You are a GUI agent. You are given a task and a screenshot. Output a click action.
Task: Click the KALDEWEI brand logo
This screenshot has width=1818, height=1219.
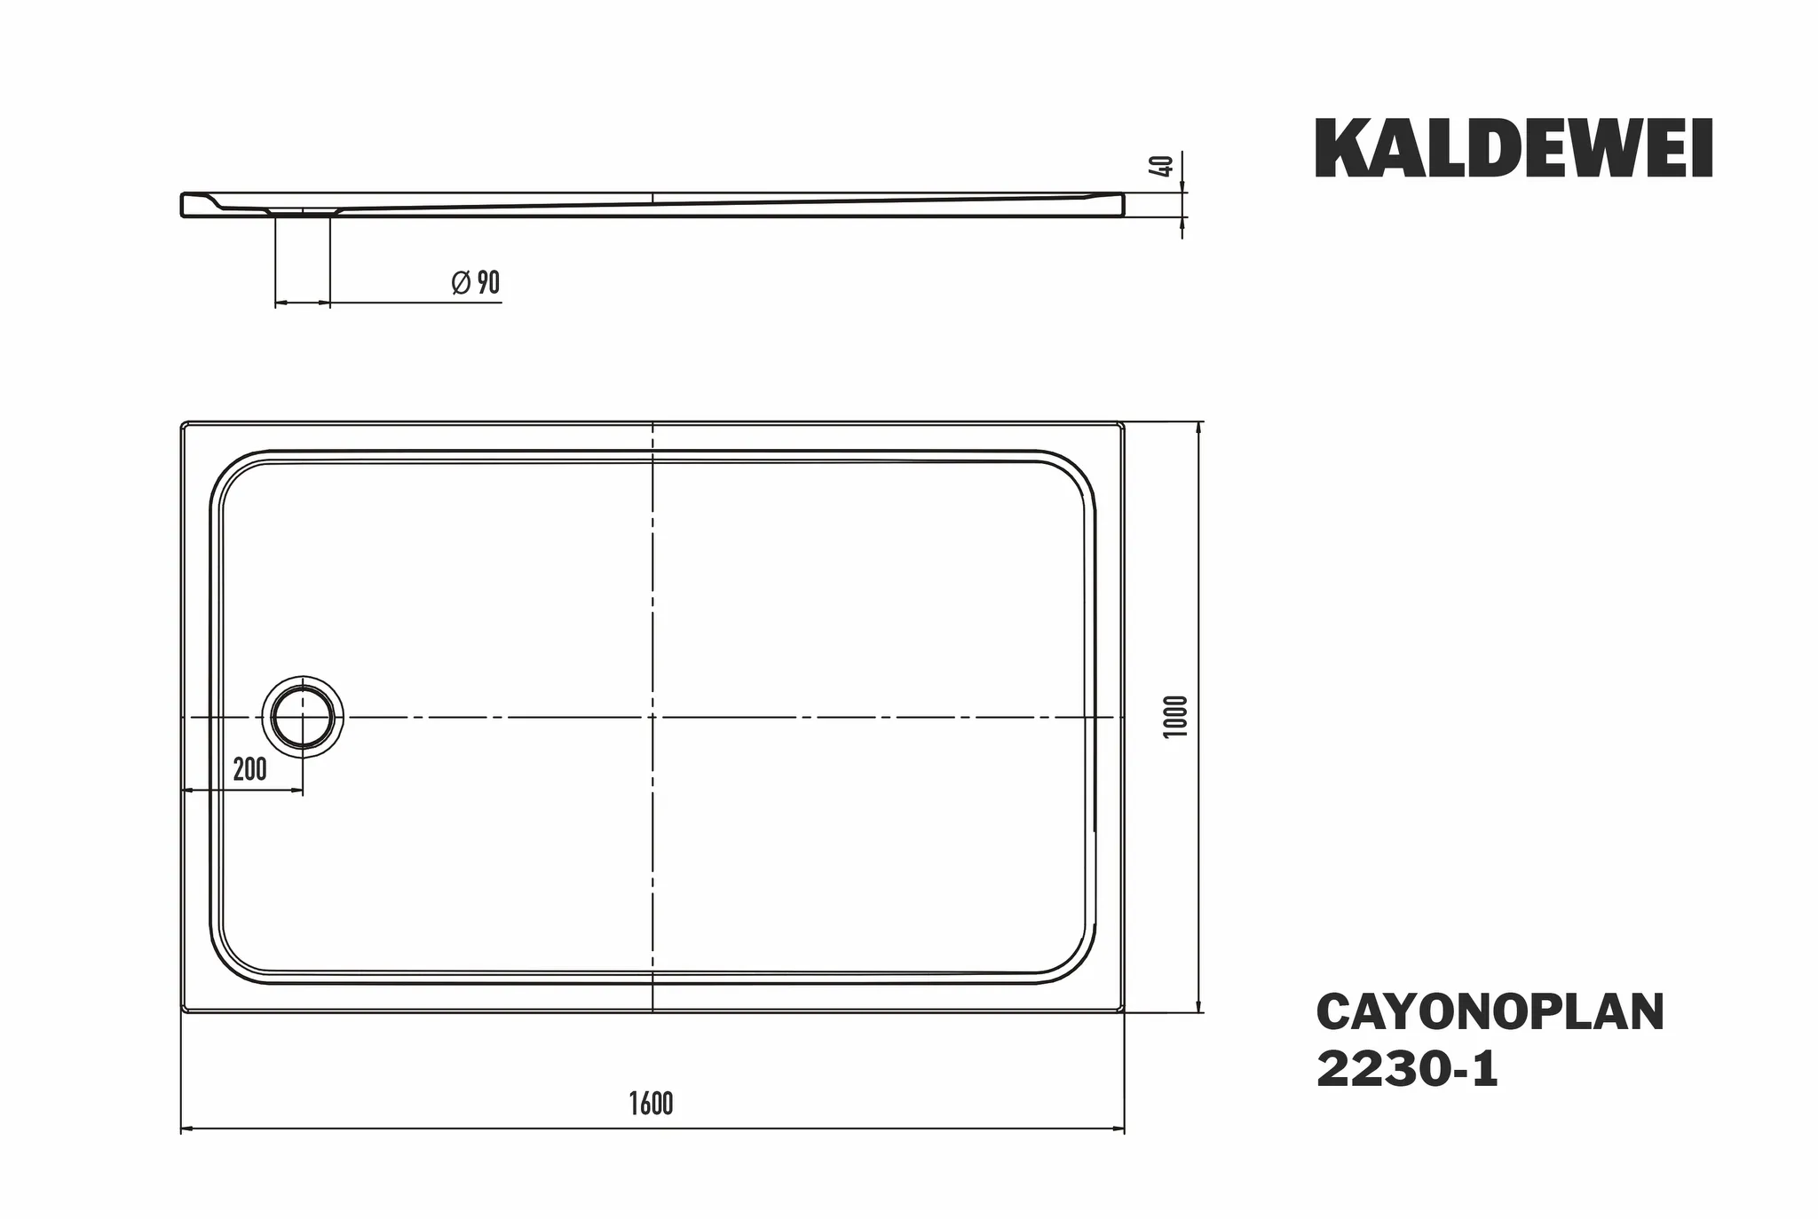1513,149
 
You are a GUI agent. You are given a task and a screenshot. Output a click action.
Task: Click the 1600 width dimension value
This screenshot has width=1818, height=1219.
651,1104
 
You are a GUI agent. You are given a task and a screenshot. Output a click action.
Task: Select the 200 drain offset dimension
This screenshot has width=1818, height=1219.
249,769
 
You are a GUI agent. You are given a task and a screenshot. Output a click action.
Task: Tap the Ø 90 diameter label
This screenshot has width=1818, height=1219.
476,283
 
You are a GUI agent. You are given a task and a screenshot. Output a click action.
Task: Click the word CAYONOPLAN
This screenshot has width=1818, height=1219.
1490,1012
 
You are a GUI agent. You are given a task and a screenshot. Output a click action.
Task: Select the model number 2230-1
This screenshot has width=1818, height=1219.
1406,1070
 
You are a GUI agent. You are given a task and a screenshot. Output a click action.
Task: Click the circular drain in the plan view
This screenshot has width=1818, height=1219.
303,717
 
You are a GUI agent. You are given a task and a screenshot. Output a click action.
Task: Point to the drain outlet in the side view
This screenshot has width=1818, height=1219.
303,213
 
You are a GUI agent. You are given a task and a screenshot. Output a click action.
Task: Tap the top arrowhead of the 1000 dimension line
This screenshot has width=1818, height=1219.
1200,428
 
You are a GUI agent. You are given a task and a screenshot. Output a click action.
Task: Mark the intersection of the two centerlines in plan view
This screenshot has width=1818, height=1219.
652,717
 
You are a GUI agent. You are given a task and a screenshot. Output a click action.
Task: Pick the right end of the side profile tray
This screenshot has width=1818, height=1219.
1122,205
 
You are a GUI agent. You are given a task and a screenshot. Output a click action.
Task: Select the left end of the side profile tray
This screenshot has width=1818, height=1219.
183,204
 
